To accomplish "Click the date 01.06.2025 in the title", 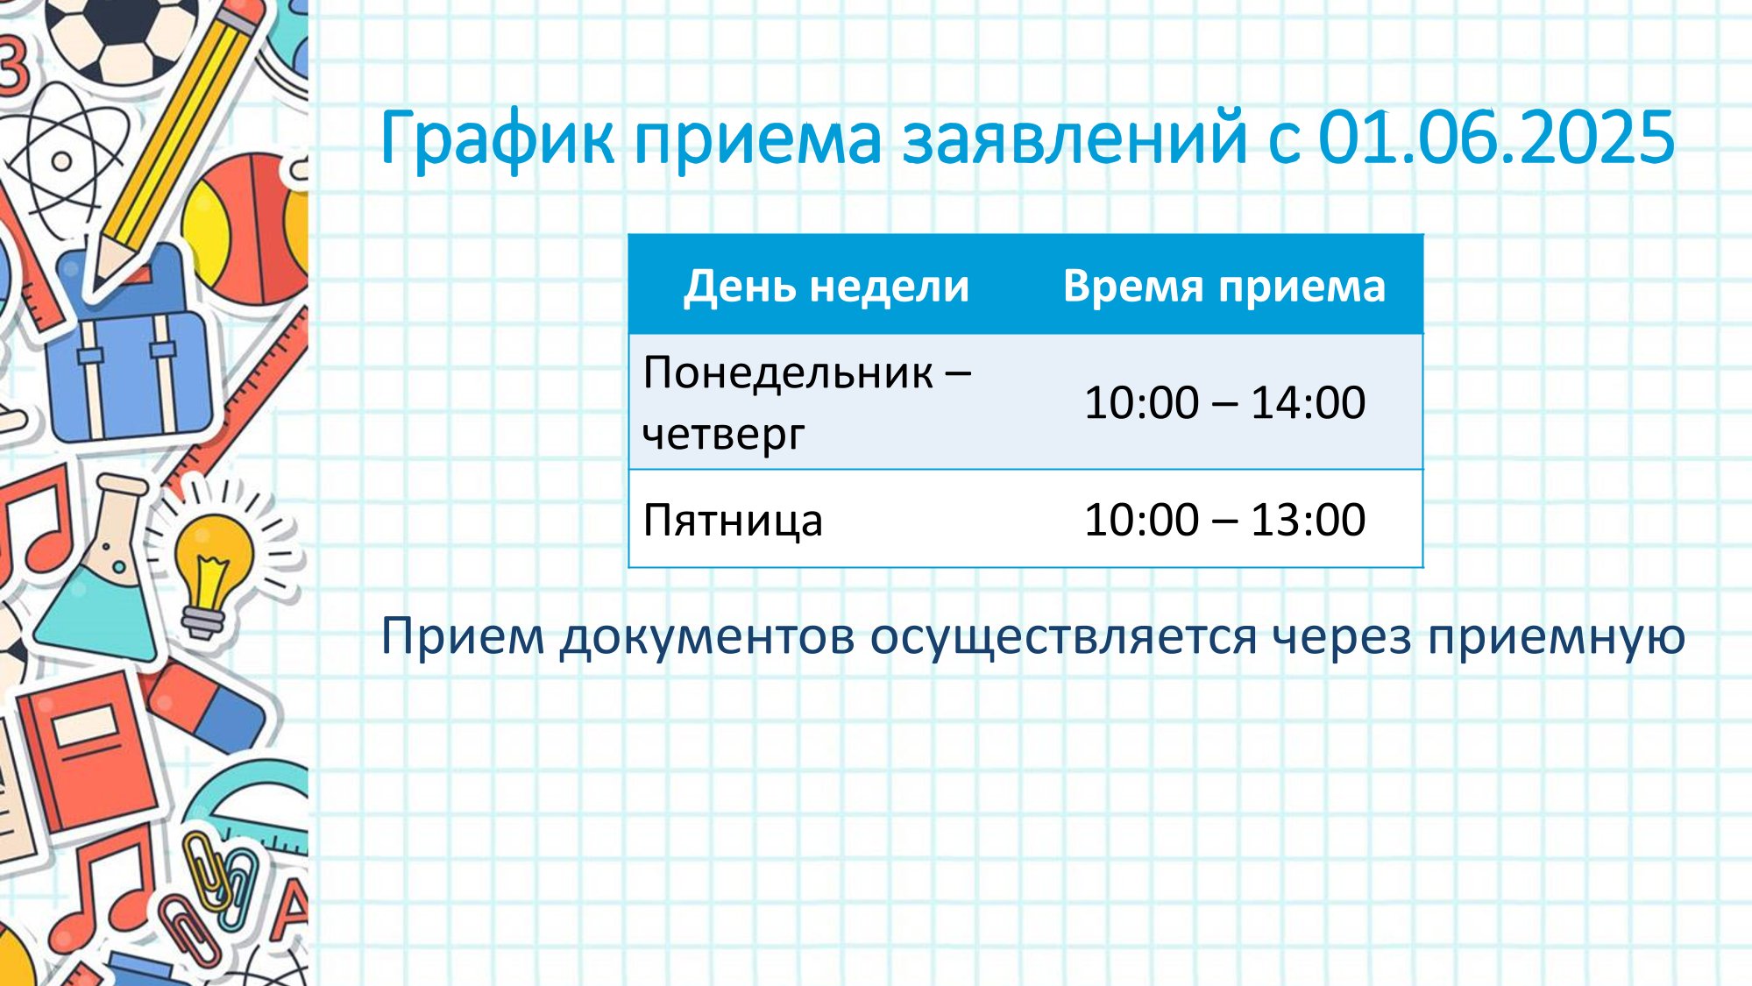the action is click(1496, 138).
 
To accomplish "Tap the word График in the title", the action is click(497, 139).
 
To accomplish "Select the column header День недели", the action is click(826, 286).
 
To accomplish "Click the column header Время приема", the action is click(1224, 286).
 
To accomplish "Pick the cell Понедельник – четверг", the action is click(807, 402).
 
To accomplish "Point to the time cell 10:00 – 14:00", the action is click(1224, 402).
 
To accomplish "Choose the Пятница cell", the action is click(733, 520).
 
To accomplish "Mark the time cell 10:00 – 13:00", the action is click(1224, 520).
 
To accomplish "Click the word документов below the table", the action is click(707, 637).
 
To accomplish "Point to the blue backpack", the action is click(129, 351).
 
